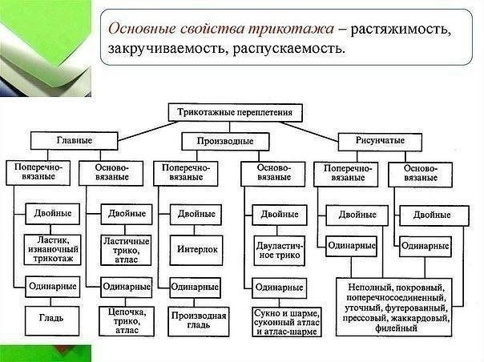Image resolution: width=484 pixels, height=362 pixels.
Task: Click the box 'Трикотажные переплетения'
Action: pyautogui.click(x=229, y=111)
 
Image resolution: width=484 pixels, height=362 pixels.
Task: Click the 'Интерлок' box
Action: pyautogui.click(x=198, y=250)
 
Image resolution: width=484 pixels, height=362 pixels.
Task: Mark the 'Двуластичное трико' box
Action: pyautogui.click(x=277, y=249)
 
